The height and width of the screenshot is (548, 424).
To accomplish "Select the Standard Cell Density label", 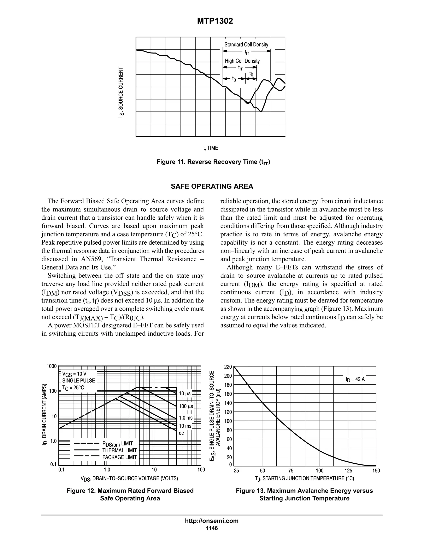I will (246, 45).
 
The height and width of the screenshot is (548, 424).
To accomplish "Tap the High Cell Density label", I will (242, 61).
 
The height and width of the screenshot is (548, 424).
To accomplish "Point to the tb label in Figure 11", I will (251, 74).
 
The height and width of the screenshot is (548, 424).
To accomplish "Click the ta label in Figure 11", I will (234, 79).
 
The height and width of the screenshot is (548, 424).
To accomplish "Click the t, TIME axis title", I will (211, 148).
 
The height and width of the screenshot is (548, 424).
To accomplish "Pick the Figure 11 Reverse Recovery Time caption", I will (213, 162).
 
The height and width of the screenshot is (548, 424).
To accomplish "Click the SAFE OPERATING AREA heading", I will (212, 187).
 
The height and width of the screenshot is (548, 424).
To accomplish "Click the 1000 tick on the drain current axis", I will (52, 366).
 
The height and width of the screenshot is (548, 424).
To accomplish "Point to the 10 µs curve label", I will (185, 394).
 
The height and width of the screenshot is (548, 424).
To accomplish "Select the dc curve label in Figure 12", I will (181, 433).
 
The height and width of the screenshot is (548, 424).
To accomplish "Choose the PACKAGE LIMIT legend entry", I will (119, 457).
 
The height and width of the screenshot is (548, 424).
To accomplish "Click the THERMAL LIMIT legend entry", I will (119, 450).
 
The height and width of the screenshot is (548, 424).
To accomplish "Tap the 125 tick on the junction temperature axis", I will (348, 471).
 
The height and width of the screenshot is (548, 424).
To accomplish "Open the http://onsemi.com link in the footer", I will (212, 521).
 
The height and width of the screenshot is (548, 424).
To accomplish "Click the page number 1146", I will (212, 528).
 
